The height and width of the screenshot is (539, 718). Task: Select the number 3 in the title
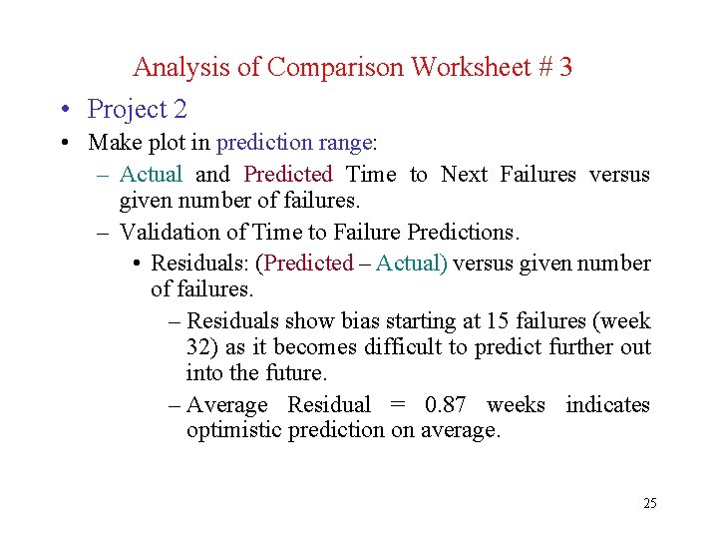566,67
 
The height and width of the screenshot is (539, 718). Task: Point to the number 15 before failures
498,321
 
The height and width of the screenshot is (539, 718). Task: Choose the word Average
227,405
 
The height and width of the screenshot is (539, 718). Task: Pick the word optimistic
235,430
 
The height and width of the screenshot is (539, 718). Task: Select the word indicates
607,405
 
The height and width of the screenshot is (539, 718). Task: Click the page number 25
649,503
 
